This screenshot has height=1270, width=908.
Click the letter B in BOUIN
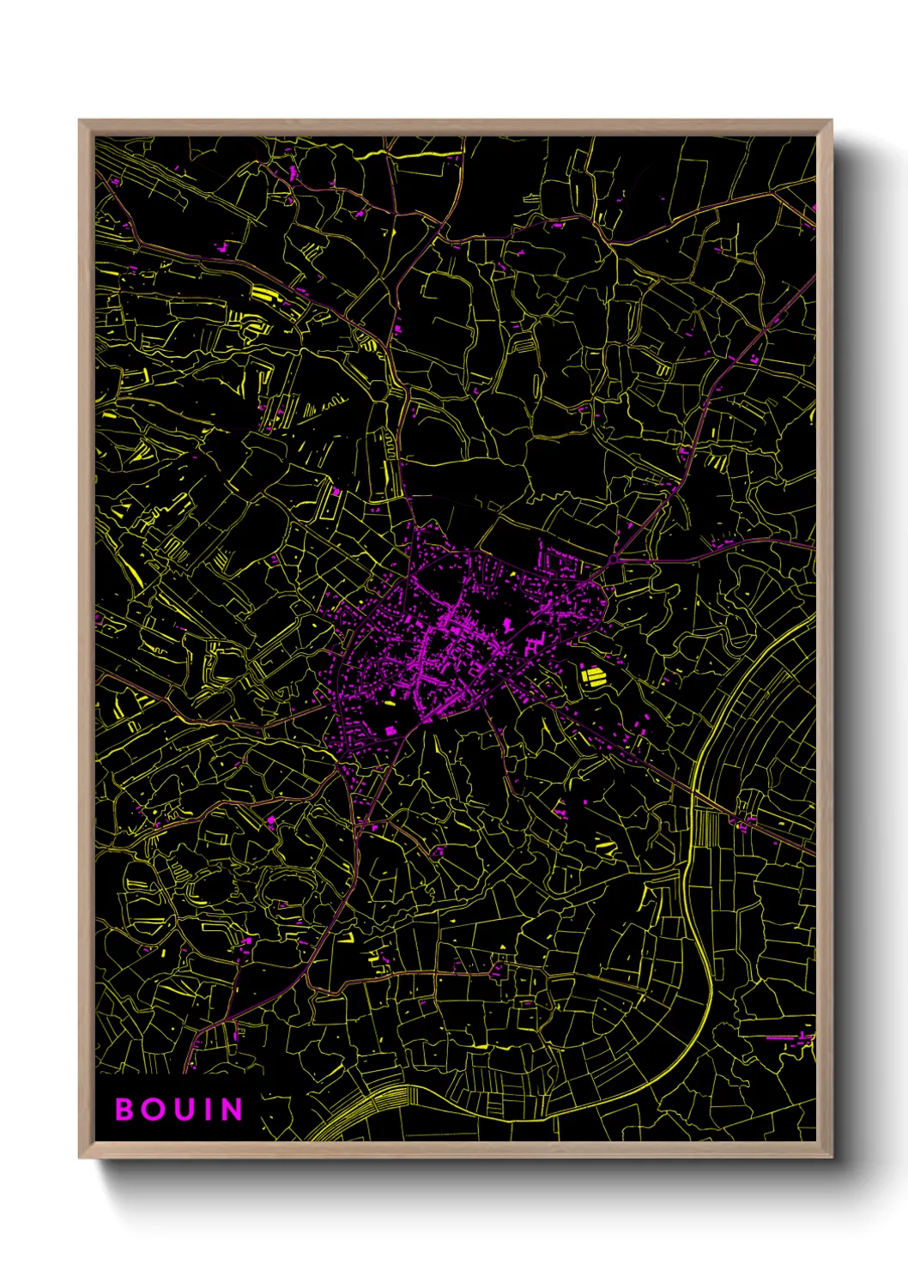124,1110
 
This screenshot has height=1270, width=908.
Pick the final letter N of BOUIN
232,1110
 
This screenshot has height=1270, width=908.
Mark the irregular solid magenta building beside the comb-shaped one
509,625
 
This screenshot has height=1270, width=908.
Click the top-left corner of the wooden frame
81,121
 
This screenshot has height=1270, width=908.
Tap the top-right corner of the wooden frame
830,121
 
